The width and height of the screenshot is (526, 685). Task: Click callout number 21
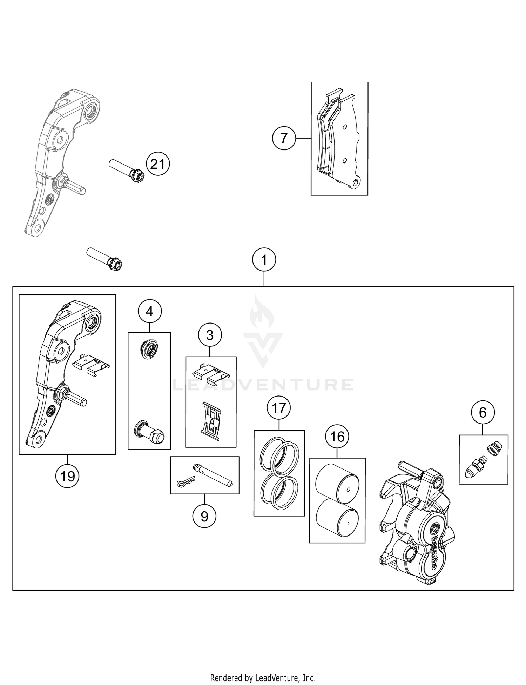coord(157,164)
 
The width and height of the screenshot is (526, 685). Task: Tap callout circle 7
coord(284,139)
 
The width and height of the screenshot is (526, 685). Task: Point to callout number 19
coord(67,476)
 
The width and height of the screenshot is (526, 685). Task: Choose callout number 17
coord(279,408)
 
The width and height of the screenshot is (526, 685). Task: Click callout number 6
coord(483,413)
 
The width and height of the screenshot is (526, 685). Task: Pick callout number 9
coord(204,516)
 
